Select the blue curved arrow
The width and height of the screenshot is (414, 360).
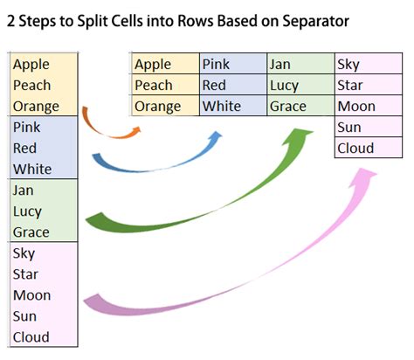pyautogui.click(x=157, y=162)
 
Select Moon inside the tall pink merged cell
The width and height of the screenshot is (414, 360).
pyautogui.click(x=31, y=295)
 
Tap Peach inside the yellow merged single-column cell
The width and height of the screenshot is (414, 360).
pyautogui.click(x=32, y=86)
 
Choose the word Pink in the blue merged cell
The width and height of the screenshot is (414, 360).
pyautogui.click(x=28, y=128)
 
